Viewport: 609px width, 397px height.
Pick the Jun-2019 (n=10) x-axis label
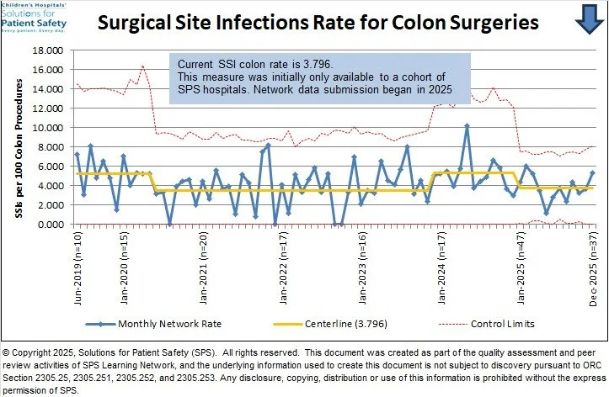pyautogui.click(x=77, y=270)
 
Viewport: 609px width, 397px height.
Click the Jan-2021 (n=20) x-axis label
pyautogui.click(x=205, y=270)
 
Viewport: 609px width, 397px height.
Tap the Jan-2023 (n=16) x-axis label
pyautogui.click(x=363, y=270)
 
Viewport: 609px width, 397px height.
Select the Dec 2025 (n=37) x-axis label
pyautogui.click(x=593, y=270)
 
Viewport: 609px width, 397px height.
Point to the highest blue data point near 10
pyautogui.click(x=467, y=126)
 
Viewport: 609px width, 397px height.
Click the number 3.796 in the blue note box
pyautogui.click(x=316, y=64)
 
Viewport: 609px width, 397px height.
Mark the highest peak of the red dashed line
pyautogui.click(x=143, y=66)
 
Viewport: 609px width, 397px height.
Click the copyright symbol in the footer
pyautogui.click(x=8, y=352)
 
